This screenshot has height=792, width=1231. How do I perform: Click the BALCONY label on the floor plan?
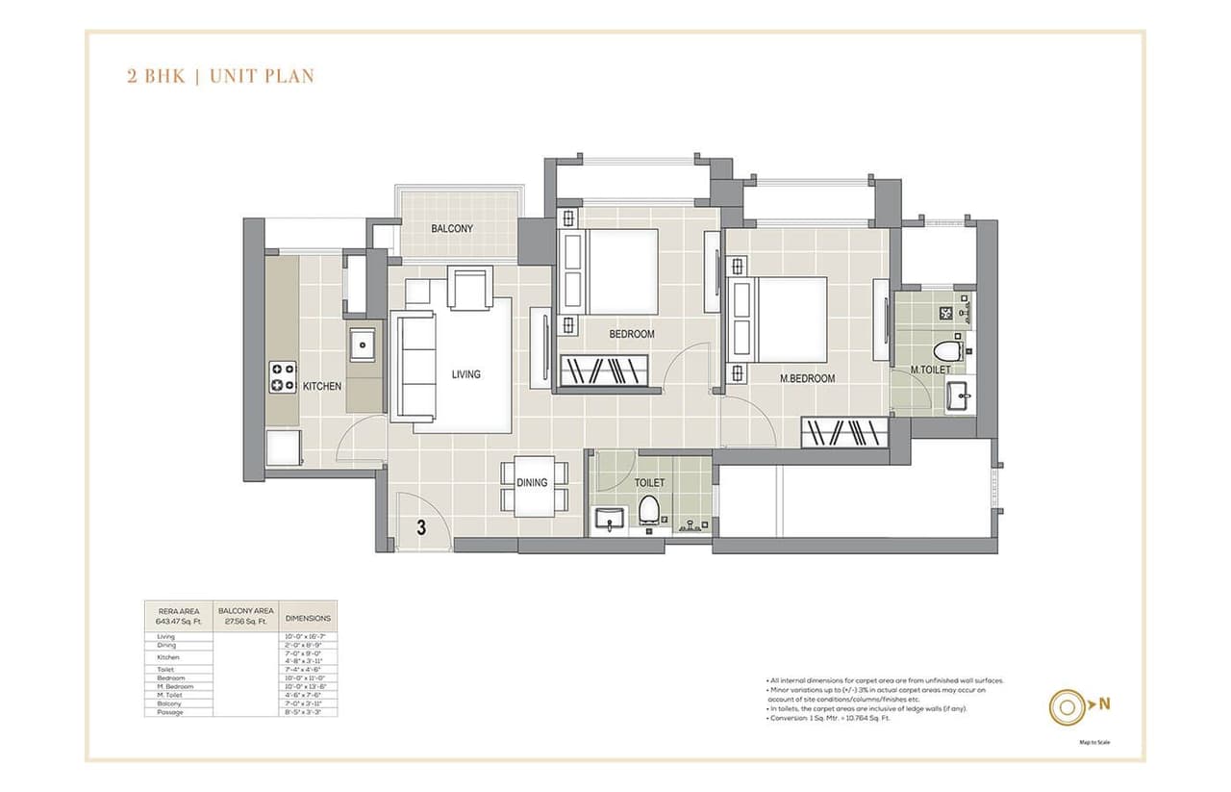coord(451,229)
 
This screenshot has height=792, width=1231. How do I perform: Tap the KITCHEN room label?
coord(321,386)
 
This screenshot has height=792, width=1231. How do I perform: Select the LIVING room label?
coord(465,374)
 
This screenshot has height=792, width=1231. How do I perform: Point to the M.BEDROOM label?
coord(807,378)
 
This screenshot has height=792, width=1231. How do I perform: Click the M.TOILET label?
coord(930,370)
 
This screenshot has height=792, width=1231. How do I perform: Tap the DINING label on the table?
coord(532,483)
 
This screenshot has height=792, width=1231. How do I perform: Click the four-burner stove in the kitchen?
coord(282,376)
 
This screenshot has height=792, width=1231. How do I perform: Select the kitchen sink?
coord(364,344)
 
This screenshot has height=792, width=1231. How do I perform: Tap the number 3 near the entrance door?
coord(421,526)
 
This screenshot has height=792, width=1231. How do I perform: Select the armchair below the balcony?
coord(471,288)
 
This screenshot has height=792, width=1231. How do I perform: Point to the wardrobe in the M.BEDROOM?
coord(844,432)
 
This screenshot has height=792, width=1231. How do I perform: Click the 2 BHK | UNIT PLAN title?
coord(220,76)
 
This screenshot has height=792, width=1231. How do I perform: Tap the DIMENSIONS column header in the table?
coord(308,618)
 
